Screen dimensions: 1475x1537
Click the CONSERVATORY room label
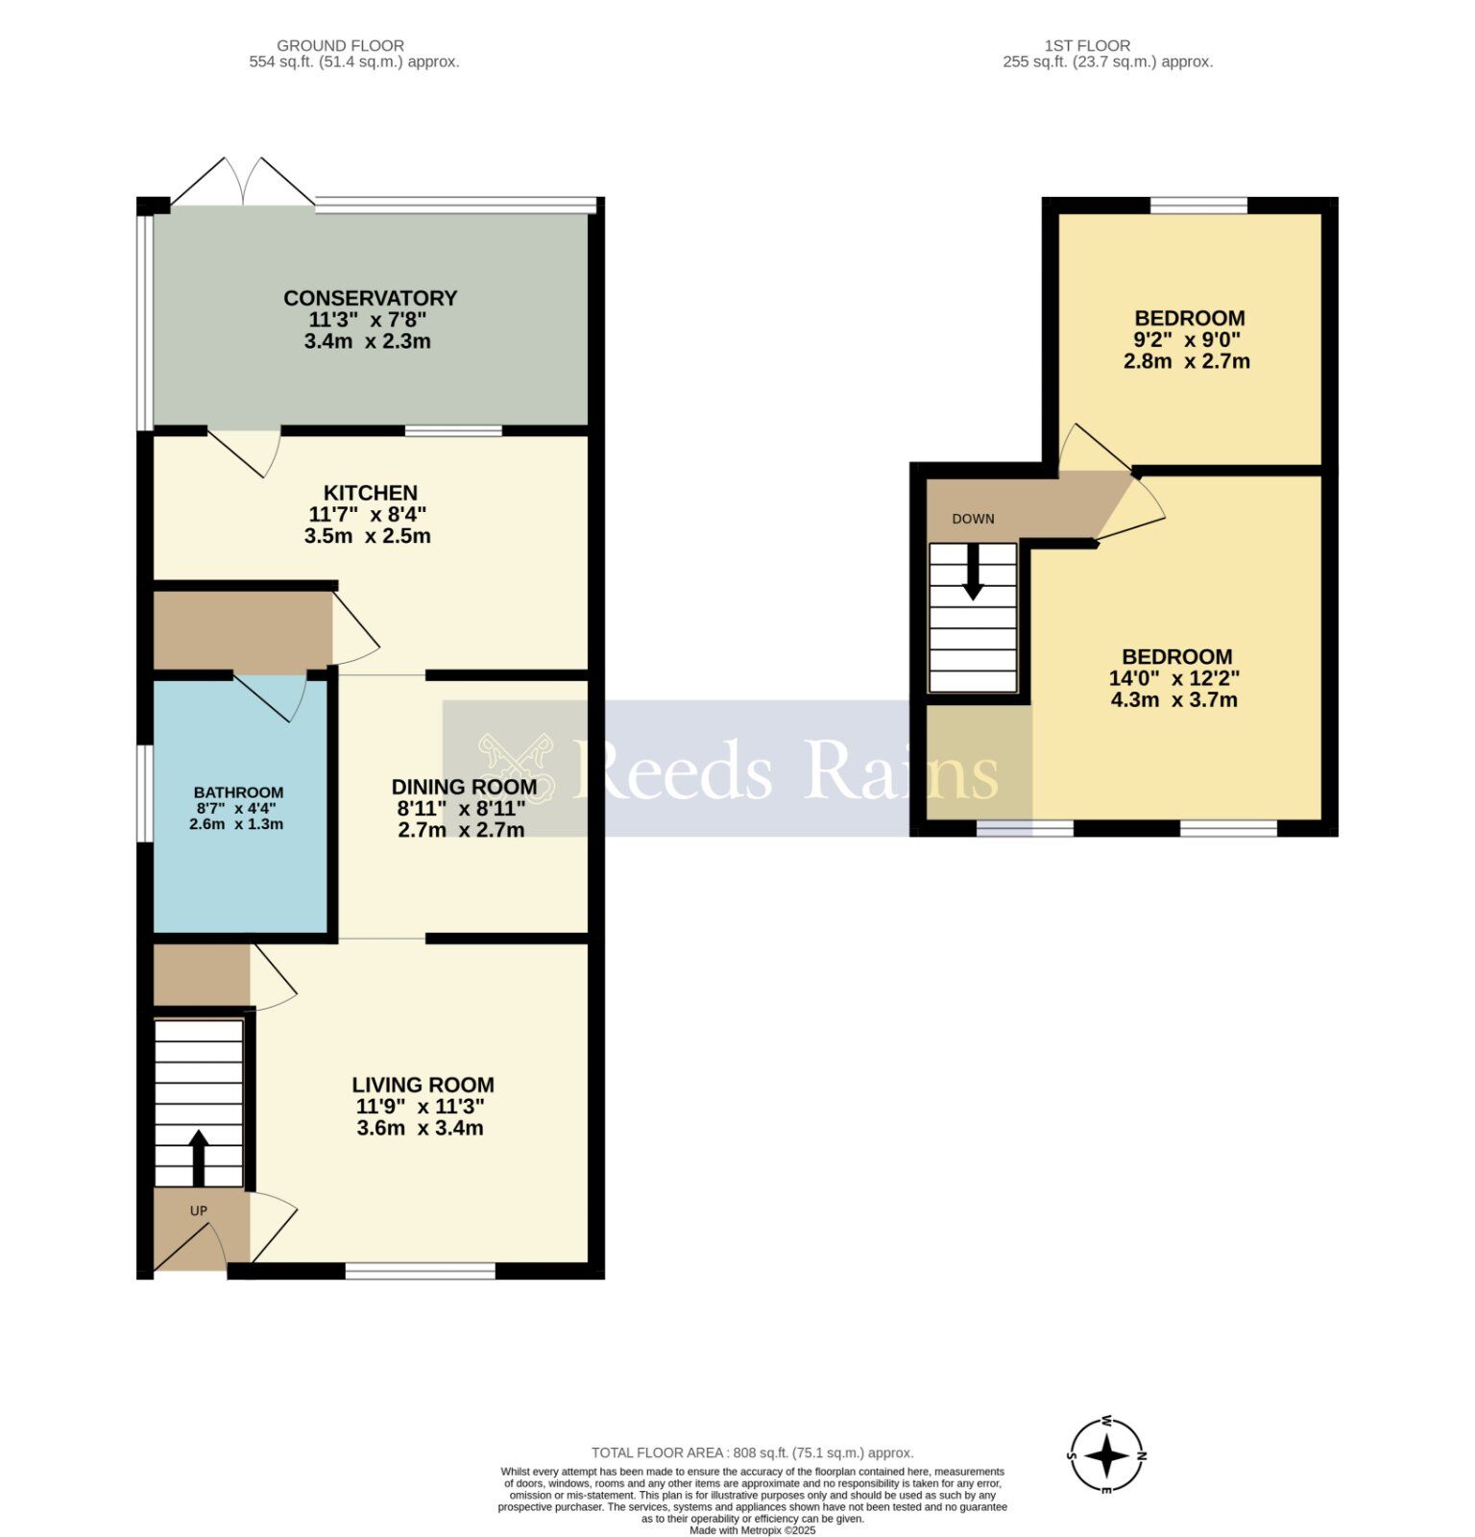click(370, 298)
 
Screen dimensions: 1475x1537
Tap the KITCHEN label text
click(370, 493)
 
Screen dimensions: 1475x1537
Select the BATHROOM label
click(238, 793)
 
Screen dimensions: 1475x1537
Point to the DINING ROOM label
click(464, 788)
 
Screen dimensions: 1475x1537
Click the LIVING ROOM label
click(423, 1085)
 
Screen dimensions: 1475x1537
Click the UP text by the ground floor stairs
click(199, 1210)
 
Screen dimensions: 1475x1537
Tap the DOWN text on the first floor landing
click(973, 519)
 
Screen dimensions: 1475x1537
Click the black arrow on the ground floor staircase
click(199, 1158)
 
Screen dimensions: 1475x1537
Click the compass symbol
click(1107, 1455)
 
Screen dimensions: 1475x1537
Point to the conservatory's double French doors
click(243, 182)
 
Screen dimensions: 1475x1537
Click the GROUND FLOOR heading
click(340, 45)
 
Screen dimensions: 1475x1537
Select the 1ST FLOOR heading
click(1087, 45)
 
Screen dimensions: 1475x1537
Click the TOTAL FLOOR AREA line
click(752, 1453)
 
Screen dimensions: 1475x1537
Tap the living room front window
click(420, 1271)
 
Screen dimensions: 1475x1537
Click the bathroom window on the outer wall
click(144, 794)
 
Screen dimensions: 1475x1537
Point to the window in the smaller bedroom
click(1198, 205)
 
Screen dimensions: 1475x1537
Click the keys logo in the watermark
click(517, 767)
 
